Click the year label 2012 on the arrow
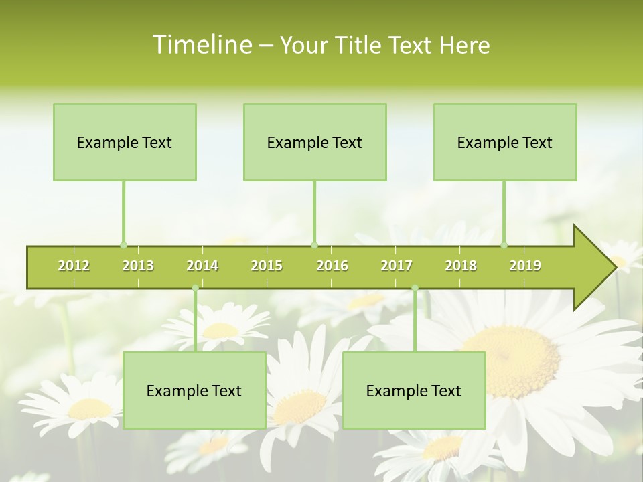coord(74,266)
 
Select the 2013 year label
coord(138,266)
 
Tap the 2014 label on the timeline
coord(202,266)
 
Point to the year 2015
coord(267,266)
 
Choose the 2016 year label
coord(332,266)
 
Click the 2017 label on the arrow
coord(397,266)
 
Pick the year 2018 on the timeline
coord(461,266)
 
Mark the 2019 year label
coord(525,266)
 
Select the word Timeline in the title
coord(202,45)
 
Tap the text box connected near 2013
coord(125,142)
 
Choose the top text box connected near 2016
coord(315,142)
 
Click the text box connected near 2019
coord(505,142)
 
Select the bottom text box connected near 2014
coord(194,390)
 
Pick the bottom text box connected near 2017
coord(414,390)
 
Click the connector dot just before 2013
coord(123,245)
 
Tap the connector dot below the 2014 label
coord(195,288)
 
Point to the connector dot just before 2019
coord(504,245)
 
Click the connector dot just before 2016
coord(314,245)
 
